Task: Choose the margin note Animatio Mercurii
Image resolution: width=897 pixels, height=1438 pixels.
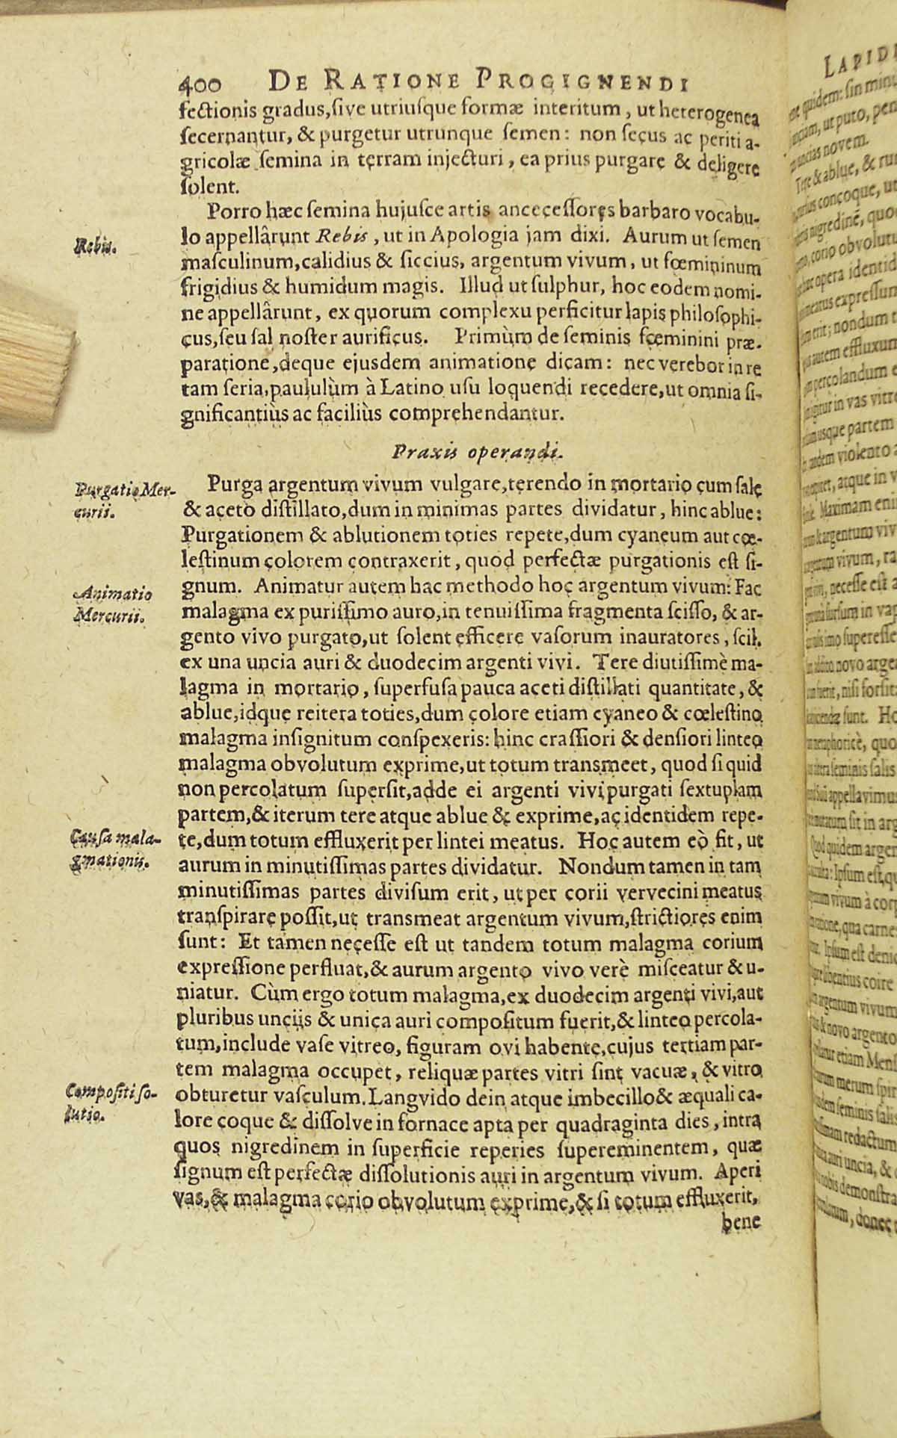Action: tap(117, 604)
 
